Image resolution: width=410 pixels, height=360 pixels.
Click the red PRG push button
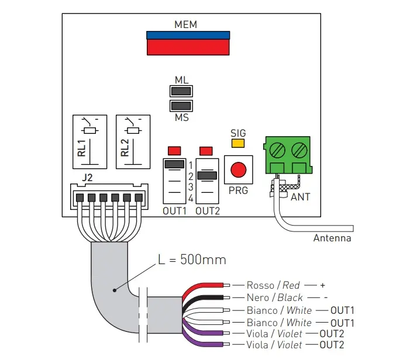pyautogui.click(x=238, y=170)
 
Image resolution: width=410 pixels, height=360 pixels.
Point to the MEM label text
pyautogui.click(x=186, y=25)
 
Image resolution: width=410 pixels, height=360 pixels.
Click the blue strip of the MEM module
pyautogui.click(x=187, y=34)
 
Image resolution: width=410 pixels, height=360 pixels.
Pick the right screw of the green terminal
pyautogui.click(x=299, y=149)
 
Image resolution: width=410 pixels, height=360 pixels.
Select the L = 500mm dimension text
pyautogui.click(x=192, y=259)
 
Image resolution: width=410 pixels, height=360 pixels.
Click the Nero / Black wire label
pyautogui.click(x=274, y=297)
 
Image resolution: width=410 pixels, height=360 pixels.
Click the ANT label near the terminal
pyautogui.click(x=300, y=197)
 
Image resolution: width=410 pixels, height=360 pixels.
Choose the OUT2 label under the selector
pyautogui.click(x=208, y=210)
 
